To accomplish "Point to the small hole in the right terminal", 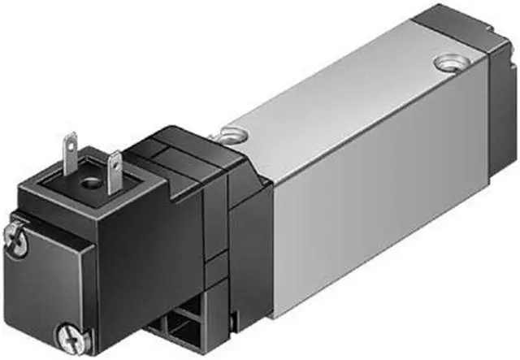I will click(115, 161).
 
